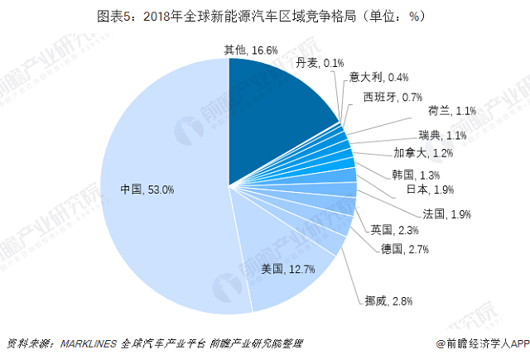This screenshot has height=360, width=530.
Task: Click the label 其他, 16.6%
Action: coord(251,50)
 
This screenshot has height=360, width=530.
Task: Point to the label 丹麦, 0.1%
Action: coord(320,63)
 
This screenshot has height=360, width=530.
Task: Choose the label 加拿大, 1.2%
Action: coord(422,153)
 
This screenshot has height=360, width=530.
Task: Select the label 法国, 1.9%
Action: coord(446,214)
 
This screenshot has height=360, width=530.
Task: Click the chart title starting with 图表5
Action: coord(265,15)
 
